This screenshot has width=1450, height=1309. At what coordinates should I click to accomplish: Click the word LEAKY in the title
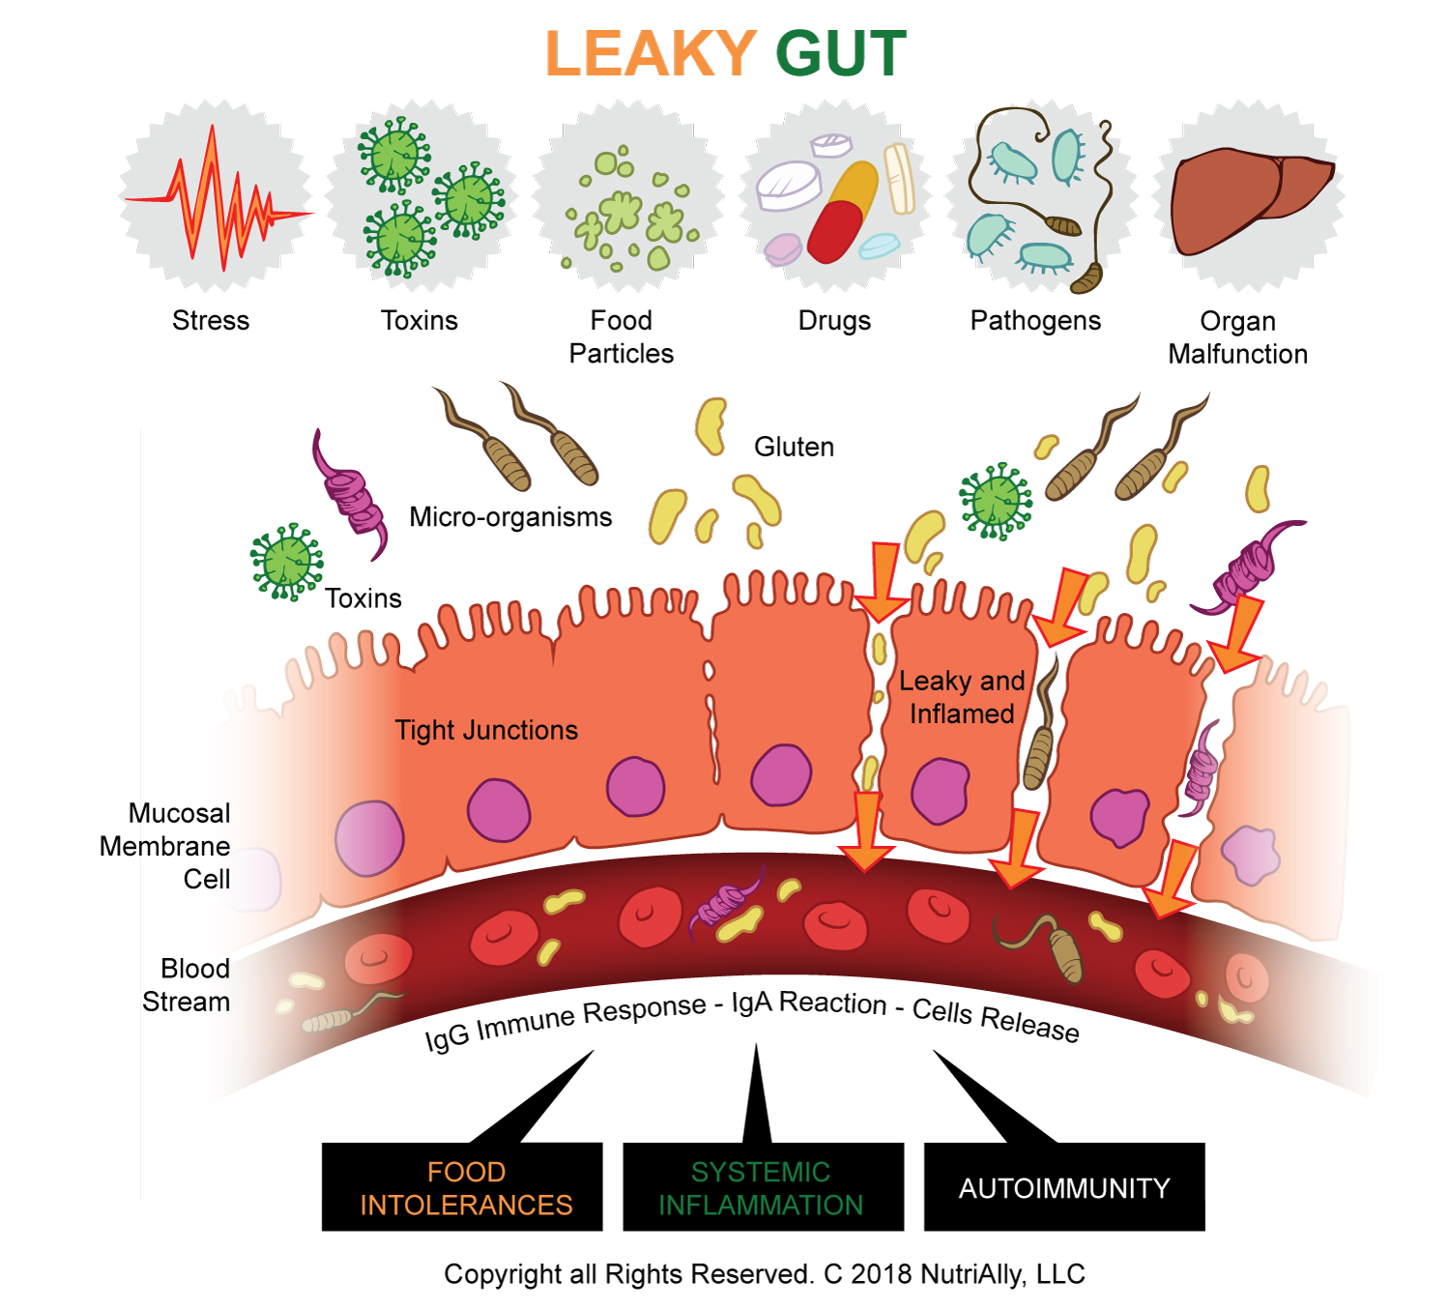652,53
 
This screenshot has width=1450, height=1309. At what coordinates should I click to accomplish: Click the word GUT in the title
841,53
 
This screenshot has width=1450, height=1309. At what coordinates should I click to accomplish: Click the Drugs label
834,320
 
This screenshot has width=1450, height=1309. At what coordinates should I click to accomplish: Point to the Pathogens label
1035,320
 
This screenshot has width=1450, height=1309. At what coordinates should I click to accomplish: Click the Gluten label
794,447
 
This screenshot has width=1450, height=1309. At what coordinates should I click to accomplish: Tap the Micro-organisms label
510,517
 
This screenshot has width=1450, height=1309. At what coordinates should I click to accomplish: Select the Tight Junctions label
486,731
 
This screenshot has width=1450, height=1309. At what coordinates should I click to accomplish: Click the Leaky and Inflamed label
962,697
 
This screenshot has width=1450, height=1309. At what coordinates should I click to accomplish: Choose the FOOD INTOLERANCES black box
462,1186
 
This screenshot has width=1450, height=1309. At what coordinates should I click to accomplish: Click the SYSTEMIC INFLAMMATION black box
764,1186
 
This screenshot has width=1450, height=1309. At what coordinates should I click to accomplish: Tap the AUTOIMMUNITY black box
1064,1186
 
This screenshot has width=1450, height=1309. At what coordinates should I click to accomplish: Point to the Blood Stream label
187,985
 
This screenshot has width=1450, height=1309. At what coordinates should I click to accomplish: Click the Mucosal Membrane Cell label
165,846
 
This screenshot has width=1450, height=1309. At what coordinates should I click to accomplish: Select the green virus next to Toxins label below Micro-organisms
287,562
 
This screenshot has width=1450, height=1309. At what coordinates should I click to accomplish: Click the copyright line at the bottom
764,1273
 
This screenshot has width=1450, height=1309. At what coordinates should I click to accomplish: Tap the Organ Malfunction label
1237,337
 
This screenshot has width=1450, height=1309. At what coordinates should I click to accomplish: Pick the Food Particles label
621,337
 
